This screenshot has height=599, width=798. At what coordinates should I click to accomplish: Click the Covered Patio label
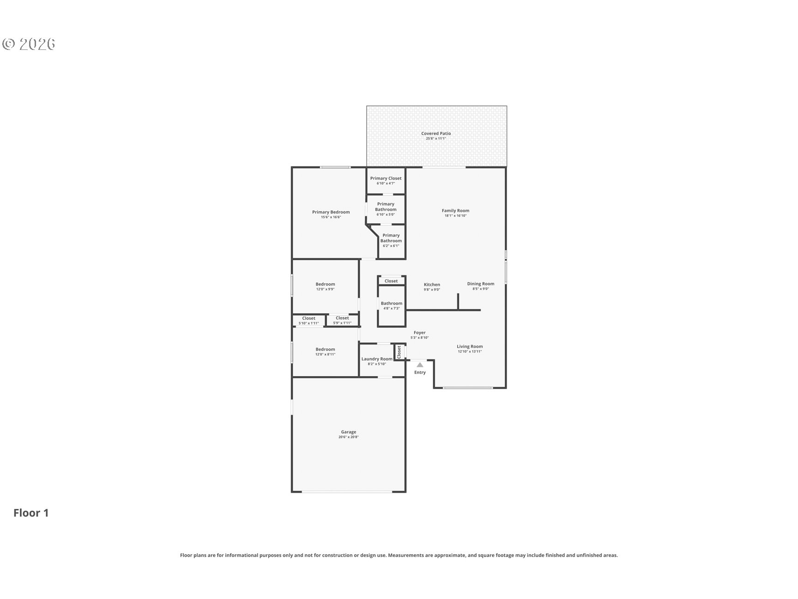(x=436, y=134)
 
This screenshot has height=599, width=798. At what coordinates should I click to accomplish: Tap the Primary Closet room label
(x=386, y=178)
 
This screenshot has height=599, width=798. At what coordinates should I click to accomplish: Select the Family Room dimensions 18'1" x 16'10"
(x=455, y=215)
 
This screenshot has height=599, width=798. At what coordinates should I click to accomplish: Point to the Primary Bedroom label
(x=331, y=212)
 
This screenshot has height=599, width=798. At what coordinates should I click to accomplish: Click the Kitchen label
(x=432, y=285)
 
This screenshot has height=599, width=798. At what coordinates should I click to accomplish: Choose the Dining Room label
(x=480, y=284)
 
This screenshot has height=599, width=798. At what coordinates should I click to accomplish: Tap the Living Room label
(x=470, y=346)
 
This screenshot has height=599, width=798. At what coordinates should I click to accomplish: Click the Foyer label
(x=419, y=332)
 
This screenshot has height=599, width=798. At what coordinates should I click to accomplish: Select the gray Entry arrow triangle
(x=420, y=365)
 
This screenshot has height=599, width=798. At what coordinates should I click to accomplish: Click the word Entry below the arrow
(x=420, y=373)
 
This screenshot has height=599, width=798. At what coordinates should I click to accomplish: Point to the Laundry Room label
(x=377, y=359)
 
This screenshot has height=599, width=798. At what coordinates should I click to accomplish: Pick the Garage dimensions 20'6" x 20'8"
(x=348, y=437)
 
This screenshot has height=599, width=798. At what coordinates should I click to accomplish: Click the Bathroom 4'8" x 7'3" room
(x=392, y=306)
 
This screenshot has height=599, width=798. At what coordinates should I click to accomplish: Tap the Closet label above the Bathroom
(x=391, y=281)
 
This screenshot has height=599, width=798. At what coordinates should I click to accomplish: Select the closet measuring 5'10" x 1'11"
(x=308, y=320)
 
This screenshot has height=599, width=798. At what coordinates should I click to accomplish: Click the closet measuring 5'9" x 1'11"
(x=342, y=320)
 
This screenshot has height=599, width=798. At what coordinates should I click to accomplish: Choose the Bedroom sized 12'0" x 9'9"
(x=325, y=287)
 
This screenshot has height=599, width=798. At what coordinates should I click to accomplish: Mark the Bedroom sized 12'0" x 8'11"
(x=325, y=352)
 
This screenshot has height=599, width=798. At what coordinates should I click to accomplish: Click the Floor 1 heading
(x=31, y=513)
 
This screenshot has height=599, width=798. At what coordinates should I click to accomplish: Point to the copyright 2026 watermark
(x=29, y=44)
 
